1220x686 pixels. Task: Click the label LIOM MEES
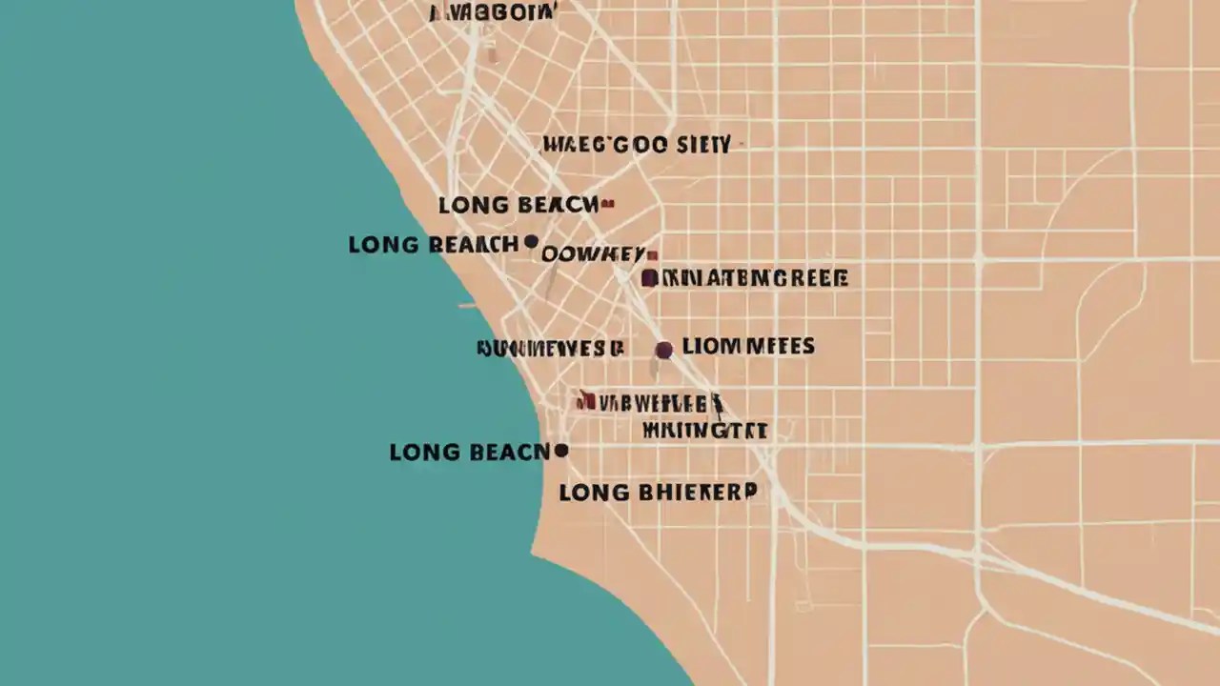(748, 347)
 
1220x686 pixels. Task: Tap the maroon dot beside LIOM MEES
(663, 350)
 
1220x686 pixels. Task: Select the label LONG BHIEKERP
(658, 493)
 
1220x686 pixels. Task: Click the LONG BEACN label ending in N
(469, 453)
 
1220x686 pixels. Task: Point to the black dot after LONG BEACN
(561, 451)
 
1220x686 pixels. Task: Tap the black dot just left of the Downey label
(531, 242)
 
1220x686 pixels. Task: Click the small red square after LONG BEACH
(608, 204)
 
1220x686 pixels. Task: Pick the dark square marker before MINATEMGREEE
(649, 278)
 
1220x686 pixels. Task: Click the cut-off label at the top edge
(492, 12)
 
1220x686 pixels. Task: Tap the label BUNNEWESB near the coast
(550, 349)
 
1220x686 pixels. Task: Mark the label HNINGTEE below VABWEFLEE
(704, 431)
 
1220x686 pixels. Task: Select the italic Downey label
(593, 254)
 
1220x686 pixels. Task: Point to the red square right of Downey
(653, 254)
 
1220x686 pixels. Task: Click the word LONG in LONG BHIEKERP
(593, 493)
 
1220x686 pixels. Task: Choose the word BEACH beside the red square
(559, 205)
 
